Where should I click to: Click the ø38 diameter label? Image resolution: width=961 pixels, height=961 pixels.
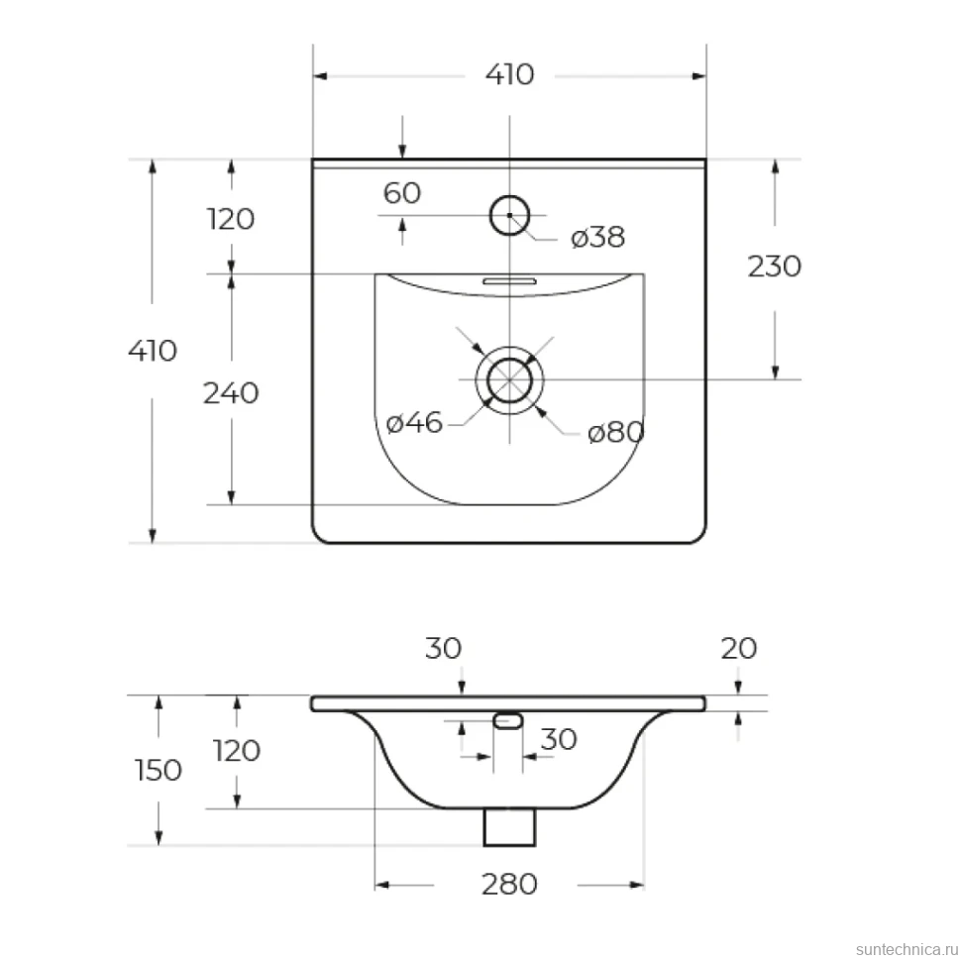(x=597, y=237)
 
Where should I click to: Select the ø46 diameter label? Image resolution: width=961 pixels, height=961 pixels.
(x=414, y=423)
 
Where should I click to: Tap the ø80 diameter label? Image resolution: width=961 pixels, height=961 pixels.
(x=615, y=433)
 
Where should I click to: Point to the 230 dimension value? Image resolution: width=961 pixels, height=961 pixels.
(x=774, y=267)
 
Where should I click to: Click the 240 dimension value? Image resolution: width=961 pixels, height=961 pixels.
(x=231, y=393)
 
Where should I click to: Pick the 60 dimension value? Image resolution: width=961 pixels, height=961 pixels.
(x=402, y=193)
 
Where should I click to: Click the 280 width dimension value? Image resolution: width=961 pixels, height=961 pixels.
(x=509, y=885)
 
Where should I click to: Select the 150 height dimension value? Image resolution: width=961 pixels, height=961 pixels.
(x=159, y=771)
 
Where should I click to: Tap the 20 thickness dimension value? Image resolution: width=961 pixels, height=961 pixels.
(x=738, y=649)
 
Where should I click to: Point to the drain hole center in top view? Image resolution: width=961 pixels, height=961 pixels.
(x=509, y=380)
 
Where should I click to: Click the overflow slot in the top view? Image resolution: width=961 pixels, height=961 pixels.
(x=509, y=281)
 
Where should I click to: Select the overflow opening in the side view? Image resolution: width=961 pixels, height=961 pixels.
(x=508, y=721)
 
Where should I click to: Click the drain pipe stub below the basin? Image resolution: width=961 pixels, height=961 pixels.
(x=509, y=827)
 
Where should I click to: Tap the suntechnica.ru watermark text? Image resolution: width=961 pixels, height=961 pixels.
(x=908, y=949)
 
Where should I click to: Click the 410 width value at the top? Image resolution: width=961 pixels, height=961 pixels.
(x=509, y=74)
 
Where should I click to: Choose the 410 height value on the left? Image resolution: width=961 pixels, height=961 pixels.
(x=153, y=351)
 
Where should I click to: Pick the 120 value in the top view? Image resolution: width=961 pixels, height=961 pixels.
(x=231, y=219)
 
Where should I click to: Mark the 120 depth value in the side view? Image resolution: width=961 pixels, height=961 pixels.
(x=237, y=751)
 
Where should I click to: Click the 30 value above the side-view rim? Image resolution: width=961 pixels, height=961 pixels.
(x=443, y=649)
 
